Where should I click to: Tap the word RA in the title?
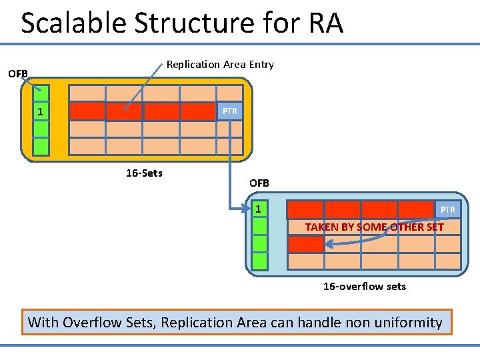click(x=325, y=23)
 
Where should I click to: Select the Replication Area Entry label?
click(x=220, y=65)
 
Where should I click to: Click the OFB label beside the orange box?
click(x=17, y=73)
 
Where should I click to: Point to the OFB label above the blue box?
click(x=259, y=183)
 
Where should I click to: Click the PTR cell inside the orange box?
click(x=230, y=111)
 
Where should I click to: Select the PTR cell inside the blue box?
click(x=447, y=210)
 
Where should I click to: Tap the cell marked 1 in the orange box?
click(x=41, y=111)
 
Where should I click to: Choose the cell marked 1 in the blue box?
click(x=259, y=210)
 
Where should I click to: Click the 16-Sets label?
click(x=144, y=173)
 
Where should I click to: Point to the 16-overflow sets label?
click(x=364, y=287)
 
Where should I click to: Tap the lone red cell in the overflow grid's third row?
click(x=305, y=244)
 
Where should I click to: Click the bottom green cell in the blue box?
click(x=259, y=261)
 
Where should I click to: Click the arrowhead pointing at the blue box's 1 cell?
click(x=247, y=210)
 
